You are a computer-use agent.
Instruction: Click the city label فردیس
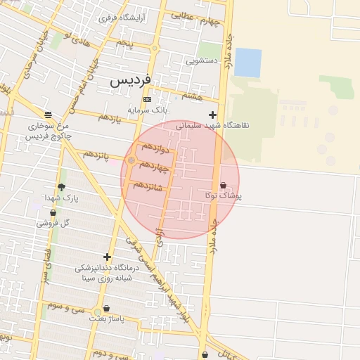point(131,81)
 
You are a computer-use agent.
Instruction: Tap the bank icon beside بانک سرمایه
point(147,100)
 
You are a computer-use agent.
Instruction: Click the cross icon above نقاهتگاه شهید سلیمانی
point(213,115)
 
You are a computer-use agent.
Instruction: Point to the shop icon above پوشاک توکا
point(224,186)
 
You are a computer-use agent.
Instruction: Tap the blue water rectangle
point(247,62)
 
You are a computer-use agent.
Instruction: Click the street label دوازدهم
point(155,148)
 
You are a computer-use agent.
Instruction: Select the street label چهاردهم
point(155,167)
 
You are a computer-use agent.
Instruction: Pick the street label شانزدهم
point(148,185)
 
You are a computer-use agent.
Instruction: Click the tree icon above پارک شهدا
point(61,187)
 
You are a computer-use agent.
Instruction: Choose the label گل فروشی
point(53,223)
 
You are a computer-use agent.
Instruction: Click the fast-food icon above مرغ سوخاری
point(48,115)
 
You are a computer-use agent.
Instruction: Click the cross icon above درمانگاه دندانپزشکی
point(107,257)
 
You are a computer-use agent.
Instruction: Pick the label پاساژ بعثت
point(106,319)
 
